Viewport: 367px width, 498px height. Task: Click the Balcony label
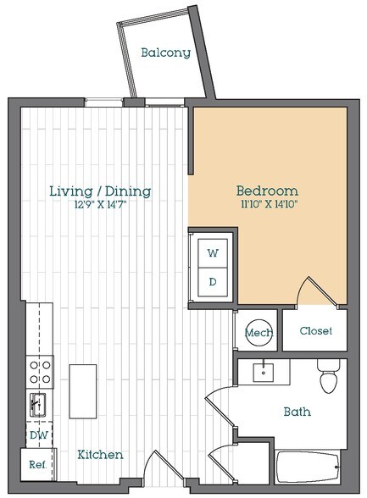click(x=165, y=53)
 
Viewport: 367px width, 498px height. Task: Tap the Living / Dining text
click(x=100, y=191)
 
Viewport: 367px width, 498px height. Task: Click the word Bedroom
click(x=267, y=191)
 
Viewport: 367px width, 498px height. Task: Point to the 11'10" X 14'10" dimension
click(x=267, y=205)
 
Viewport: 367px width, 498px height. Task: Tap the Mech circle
click(x=259, y=333)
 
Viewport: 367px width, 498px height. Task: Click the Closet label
click(x=314, y=331)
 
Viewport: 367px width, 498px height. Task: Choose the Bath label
click(x=297, y=412)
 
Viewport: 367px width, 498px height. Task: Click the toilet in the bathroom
click(x=329, y=378)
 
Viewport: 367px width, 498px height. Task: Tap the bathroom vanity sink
click(x=264, y=371)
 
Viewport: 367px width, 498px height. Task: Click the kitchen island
click(x=82, y=390)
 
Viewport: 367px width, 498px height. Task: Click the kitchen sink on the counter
click(x=38, y=403)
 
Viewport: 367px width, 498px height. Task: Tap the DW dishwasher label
click(x=36, y=434)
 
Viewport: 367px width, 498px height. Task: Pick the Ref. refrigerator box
click(x=36, y=464)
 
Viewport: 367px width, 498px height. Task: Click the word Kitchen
click(x=100, y=455)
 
